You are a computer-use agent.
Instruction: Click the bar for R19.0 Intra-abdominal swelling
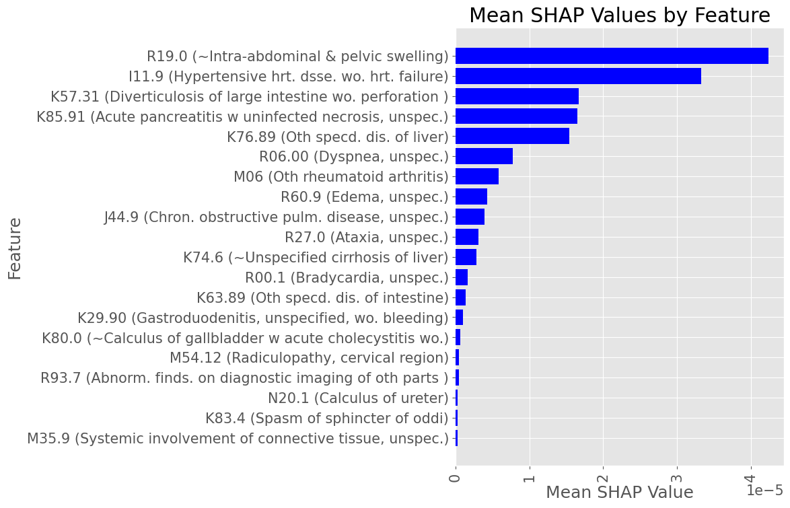(612, 56)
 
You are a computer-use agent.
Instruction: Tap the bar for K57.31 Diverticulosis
(517, 96)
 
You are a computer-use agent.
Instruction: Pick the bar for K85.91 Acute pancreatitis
(516, 116)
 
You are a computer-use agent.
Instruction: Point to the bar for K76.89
(512, 137)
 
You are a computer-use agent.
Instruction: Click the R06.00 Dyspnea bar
(484, 157)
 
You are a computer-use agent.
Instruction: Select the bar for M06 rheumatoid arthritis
(477, 177)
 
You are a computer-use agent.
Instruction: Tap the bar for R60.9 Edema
(471, 197)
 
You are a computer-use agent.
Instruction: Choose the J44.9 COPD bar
(470, 217)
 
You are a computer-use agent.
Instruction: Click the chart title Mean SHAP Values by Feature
(619, 15)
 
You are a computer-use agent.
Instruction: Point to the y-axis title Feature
(15, 248)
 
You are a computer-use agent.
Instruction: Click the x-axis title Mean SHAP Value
(619, 493)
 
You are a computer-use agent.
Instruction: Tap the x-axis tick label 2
(604, 476)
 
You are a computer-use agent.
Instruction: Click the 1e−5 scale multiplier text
(765, 491)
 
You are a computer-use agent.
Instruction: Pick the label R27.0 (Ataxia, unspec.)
(366, 238)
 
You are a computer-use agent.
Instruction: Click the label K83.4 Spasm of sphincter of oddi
(326, 419)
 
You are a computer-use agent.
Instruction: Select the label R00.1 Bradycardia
(347, 278)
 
